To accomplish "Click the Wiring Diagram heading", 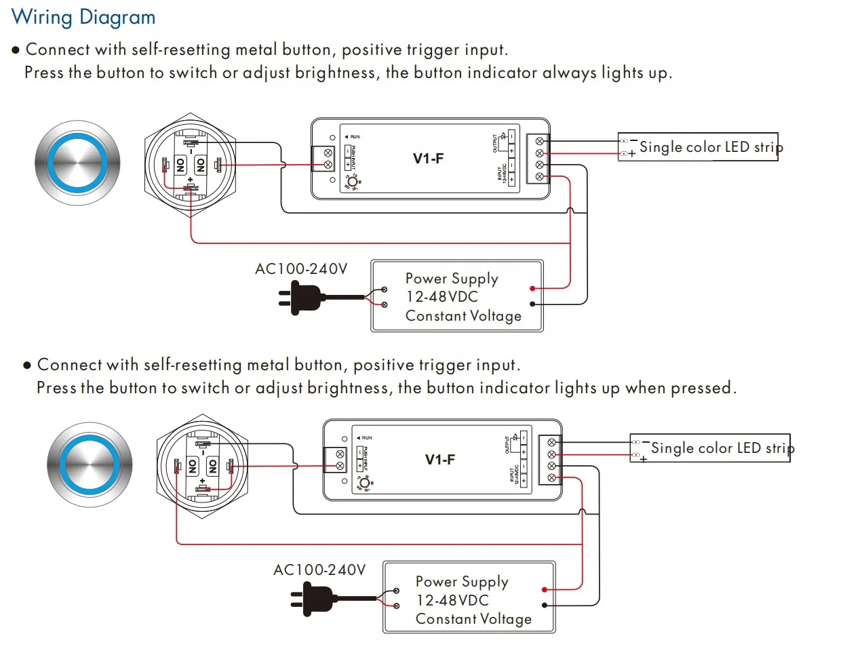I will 83,17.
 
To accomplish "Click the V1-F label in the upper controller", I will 428,159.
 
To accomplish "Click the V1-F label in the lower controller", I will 439,460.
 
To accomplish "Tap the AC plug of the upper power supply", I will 302,298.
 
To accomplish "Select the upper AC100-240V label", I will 300,269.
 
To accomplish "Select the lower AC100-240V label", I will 319,570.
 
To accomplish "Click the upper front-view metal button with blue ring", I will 78,163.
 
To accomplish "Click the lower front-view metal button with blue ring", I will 90,464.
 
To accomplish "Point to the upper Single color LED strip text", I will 710,147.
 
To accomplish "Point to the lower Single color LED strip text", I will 722,448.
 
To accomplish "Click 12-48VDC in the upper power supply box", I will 442,297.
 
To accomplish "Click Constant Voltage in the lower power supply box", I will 473,619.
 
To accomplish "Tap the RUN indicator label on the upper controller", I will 355,137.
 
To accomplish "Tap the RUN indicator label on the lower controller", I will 366,438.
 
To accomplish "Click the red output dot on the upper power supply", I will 532,288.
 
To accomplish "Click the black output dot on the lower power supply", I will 544,605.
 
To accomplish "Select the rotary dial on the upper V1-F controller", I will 353,182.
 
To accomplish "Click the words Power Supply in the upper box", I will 452,279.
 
